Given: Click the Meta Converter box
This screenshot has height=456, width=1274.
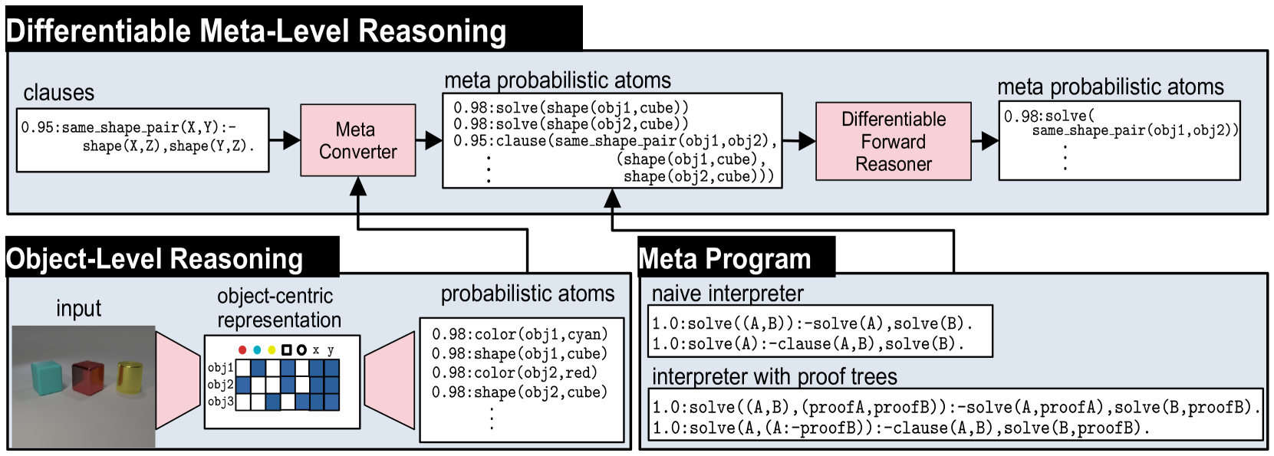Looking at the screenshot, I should (x=357, y=140).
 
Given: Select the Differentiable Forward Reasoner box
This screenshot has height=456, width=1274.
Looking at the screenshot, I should (x=893, y=142).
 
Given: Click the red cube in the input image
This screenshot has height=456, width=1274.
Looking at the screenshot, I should (x=87, y=377).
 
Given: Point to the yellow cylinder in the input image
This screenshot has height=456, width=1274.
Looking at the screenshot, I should (x=129, y=377).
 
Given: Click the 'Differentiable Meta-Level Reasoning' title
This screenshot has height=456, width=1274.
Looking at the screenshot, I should (x=255, y=31).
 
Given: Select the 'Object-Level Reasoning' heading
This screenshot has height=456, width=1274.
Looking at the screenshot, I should (x=154, y=259).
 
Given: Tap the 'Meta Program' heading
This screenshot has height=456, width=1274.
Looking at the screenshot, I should (x=724, y=259).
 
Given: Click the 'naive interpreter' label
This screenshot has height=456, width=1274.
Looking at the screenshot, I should (x=727, y=294).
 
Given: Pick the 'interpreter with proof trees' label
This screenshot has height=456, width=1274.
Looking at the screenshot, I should (x=774, y=377).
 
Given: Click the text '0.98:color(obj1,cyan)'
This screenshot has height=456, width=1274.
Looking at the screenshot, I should (x=519, y=334).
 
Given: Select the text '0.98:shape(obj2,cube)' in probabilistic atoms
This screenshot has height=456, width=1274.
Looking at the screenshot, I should (x=519, y=392).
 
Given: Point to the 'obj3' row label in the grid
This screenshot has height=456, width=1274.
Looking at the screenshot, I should (x=220, y=402).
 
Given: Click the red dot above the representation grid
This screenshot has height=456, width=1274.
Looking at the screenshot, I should (x=242, y=350).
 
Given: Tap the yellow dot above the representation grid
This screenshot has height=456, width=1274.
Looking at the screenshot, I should (x=272, y=350).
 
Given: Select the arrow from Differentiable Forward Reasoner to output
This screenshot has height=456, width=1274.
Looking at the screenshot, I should (x=985, y=141).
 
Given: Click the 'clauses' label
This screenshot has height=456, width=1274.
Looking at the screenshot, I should (x=58, y=93).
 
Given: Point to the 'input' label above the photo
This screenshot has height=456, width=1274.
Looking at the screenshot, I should (x=78, y=308).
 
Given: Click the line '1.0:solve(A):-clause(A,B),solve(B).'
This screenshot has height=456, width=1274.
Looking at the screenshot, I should (x=808, y=344).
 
